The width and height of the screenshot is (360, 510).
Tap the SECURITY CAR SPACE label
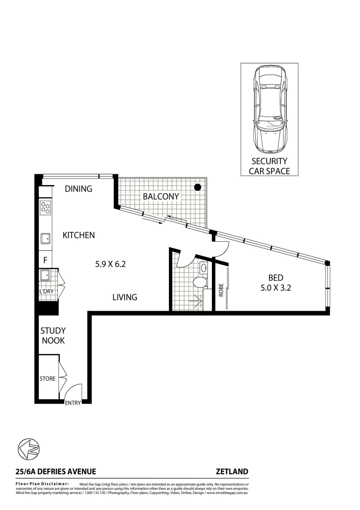coord(269,166)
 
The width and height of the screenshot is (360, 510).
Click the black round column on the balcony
coord(198,187)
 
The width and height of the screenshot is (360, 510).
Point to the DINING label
coord(78,189)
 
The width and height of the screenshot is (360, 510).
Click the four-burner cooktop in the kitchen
coord(46,208)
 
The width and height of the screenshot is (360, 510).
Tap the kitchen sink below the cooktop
coord(46,238)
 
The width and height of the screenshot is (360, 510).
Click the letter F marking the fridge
coord(45,260)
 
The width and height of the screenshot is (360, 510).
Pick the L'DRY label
coord(46,292)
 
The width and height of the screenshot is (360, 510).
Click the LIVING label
coord(125,297)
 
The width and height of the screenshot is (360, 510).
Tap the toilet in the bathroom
coord(200,283)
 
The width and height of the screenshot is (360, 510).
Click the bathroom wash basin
coord(203,268)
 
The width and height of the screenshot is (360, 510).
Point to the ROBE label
coord(220,289)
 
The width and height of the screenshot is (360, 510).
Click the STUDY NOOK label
coord(52,335)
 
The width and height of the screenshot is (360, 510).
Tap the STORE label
coord(47,378)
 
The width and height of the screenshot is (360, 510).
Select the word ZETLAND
coord(232,471)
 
